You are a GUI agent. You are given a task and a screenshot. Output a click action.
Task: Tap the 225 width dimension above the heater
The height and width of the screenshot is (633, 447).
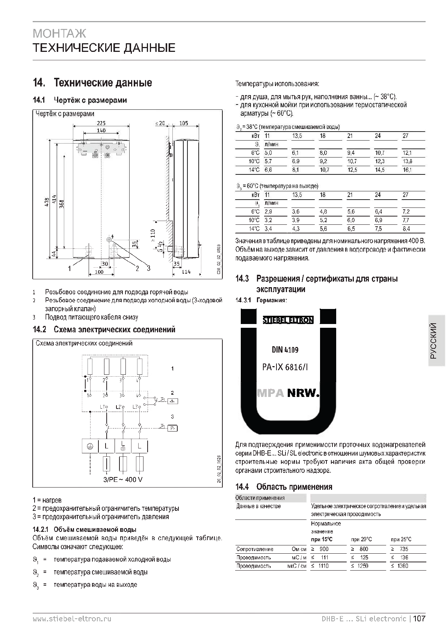[x=101, y=123]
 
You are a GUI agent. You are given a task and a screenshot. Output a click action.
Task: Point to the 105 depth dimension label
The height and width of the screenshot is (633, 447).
[x=184, y=123]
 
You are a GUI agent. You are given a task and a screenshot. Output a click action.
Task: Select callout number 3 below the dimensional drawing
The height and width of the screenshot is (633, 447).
[x=149, y=268]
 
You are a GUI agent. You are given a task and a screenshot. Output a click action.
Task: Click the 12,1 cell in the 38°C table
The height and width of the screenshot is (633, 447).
[x=407, y=153]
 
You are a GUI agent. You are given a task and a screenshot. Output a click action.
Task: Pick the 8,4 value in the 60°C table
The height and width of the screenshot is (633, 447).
[x=406, y=229]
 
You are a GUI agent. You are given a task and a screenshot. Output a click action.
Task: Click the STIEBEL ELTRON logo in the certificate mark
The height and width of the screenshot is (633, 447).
[x=288, y=320]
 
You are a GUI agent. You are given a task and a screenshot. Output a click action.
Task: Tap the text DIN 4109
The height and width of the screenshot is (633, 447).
[x=285, y=350]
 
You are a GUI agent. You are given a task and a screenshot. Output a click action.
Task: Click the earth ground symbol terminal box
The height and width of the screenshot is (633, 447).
[x=90, y=446]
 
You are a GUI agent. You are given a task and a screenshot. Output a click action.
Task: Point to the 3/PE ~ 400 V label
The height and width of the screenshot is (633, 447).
[x=123, y=479]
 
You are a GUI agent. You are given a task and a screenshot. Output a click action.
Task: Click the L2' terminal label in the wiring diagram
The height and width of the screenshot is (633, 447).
[x=119, y=407]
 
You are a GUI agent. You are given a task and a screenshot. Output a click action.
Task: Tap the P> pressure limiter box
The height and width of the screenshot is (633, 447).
[x=172, y=428]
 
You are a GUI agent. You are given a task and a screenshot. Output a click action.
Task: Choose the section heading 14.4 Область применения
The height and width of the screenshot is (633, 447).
[x=284, y=487]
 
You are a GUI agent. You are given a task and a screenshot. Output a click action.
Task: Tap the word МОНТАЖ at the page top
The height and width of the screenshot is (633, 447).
[x=59, y=33]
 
